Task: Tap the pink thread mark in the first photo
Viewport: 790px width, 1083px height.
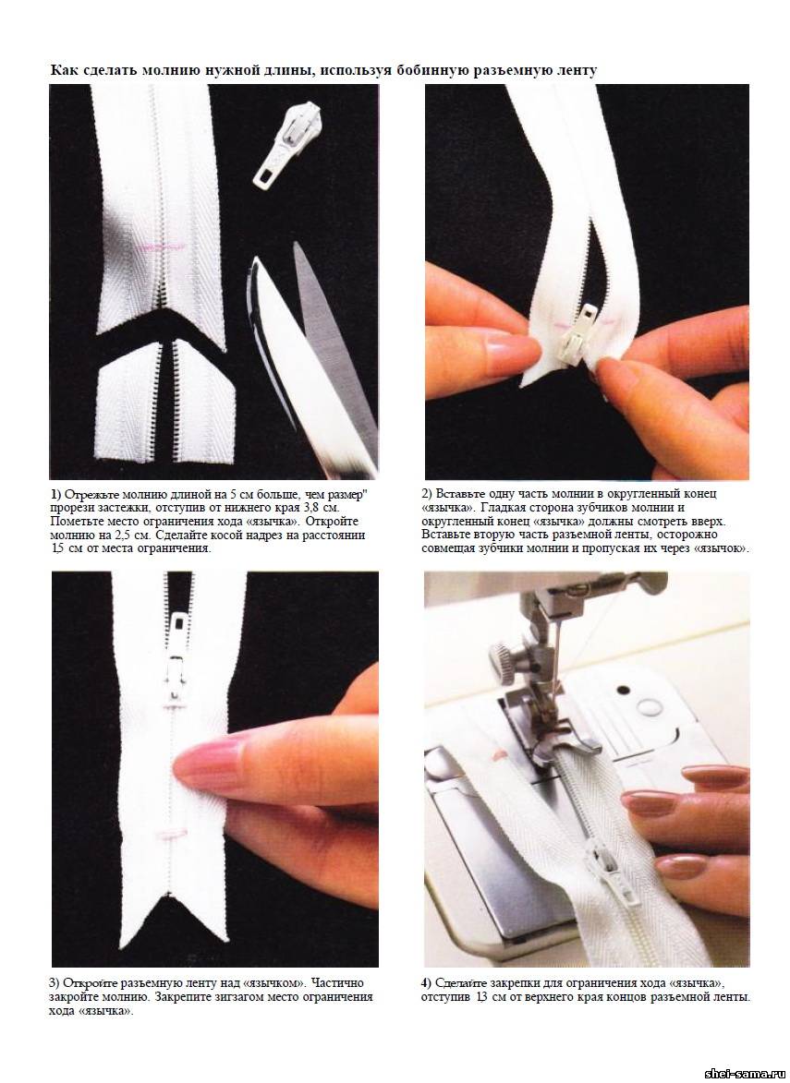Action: pos(164,246)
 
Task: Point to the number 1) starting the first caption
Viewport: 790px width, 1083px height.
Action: pos(56,495)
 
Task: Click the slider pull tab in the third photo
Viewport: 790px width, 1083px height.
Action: pos(178,631)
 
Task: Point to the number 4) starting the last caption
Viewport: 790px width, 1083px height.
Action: pos(427,983)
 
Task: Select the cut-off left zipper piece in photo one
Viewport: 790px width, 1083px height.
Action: pos(130,402)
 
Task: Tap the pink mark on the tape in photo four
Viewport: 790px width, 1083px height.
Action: pos(498,755)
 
